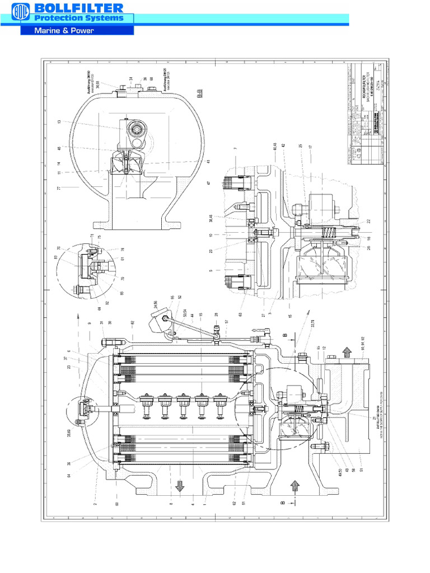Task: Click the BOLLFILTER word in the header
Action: [x=78, y=8]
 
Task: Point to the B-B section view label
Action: [x=199, y=96]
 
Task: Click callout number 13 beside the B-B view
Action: [x=59, y=121]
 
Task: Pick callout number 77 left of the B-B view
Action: [x=59, y=188]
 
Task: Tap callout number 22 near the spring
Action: [x=369, y=220]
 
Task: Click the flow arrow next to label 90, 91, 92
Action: [x=347, y=353]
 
